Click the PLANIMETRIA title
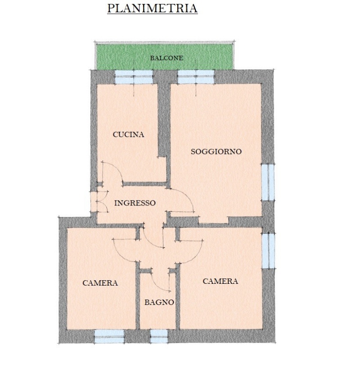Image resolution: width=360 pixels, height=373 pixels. point(152,8)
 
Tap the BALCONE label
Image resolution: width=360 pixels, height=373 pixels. point(166,58)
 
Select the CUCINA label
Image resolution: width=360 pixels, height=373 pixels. point(129,134)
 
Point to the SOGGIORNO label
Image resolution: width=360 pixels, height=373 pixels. point(216,151)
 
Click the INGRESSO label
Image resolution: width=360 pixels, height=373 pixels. point(135,203)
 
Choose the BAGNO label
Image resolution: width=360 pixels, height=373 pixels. point(159,302)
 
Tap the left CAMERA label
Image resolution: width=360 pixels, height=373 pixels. point(100,283)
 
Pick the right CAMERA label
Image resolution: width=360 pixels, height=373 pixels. point(220,281)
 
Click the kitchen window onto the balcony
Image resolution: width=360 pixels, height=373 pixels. point(134,77)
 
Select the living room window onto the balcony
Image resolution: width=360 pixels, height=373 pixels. point(196,77)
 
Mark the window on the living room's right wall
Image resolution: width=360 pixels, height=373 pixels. point(268,182)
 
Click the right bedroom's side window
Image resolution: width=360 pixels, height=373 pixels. point(268,251)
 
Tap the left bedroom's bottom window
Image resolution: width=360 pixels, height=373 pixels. point(109,337)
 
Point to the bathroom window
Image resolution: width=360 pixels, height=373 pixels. point(159,337)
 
